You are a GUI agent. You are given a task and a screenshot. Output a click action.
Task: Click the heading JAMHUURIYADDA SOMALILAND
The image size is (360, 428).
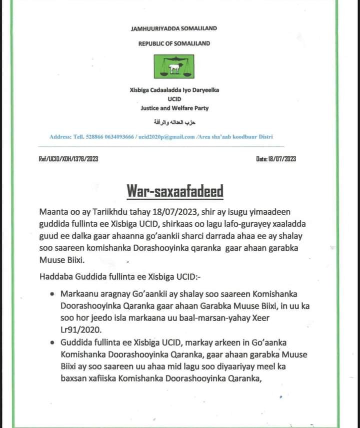pyautogui.click(x=174, y=29)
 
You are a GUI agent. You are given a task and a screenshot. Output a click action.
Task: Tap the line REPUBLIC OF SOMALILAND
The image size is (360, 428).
pyautogui.click(x=174, y=43)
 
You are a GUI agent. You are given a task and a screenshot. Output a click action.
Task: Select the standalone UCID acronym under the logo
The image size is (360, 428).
pyautogui.click(x=174, y=99)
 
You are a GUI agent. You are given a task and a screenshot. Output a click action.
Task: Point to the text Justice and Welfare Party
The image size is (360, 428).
pyautogui.click(x=174, y=108)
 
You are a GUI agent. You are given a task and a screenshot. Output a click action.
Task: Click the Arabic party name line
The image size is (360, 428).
pyautogui.click(x=174, y=122)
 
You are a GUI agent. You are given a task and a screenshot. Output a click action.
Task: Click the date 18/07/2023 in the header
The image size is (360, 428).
pyautogui.click(x=281, y=159)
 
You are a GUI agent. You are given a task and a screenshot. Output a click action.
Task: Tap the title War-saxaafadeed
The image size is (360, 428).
pyautogui.click(x=174, y=191)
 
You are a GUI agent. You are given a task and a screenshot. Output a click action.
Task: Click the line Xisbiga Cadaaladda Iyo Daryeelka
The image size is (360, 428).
pyautogui.click(x=174, y=90)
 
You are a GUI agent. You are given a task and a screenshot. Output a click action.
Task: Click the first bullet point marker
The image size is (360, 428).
pyautogui.click(x=53, y=295)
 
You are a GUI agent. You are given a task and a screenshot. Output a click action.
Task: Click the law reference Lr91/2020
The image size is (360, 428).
pyautogui.click(x=81, y=330)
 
